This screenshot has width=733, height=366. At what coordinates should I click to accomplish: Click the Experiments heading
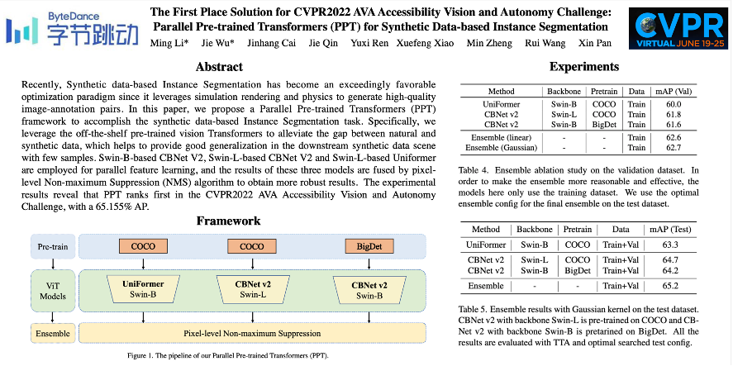coord(584,67)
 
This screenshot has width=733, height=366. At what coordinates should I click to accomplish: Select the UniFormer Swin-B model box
coord(144,288)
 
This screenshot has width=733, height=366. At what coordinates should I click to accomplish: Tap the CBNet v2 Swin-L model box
coord(253,288)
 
